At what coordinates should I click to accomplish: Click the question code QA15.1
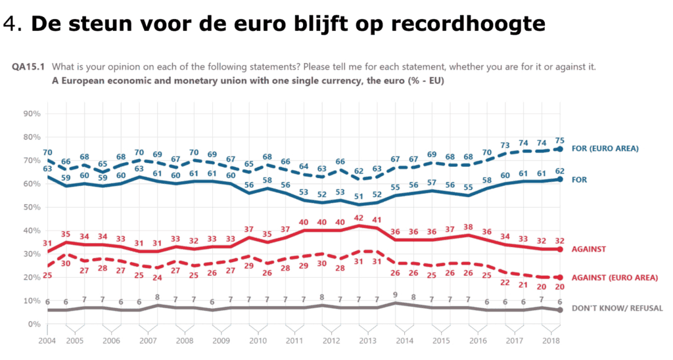point(30,67)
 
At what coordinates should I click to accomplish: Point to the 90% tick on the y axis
point(32,114)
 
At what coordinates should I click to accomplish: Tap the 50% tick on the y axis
point(32,207)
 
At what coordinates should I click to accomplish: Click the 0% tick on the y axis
point(34,324)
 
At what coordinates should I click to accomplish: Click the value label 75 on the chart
point(560,139)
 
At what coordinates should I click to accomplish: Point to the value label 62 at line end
point(560,170)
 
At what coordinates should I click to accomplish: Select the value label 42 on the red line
point(359,217)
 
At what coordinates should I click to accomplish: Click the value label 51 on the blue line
point(359,196)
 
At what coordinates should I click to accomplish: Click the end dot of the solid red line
point(559,249)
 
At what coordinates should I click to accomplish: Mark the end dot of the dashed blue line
point(559,149)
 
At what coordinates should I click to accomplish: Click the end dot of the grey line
point(559,310)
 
